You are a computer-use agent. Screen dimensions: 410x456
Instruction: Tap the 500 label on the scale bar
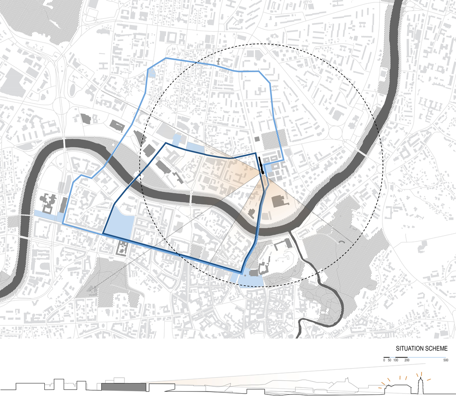pyautogui.click(x=445, y=360)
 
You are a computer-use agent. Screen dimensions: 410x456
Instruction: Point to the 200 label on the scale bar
pyautogui.click(x=406, y=360)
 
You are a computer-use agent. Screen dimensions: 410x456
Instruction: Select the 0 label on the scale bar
pyautogui.click(x=384, y=360)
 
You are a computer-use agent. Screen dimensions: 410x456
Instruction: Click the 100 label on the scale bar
pyautogui.click(x=396, y=360)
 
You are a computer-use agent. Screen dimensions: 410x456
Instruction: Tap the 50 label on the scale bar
pyautogui.click(x=390, y=360)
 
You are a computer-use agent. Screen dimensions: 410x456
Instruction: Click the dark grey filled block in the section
pyautogui.click(x=124, y=387)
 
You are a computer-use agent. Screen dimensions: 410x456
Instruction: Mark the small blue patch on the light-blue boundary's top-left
pyautogui.click(x=151, y=73)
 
